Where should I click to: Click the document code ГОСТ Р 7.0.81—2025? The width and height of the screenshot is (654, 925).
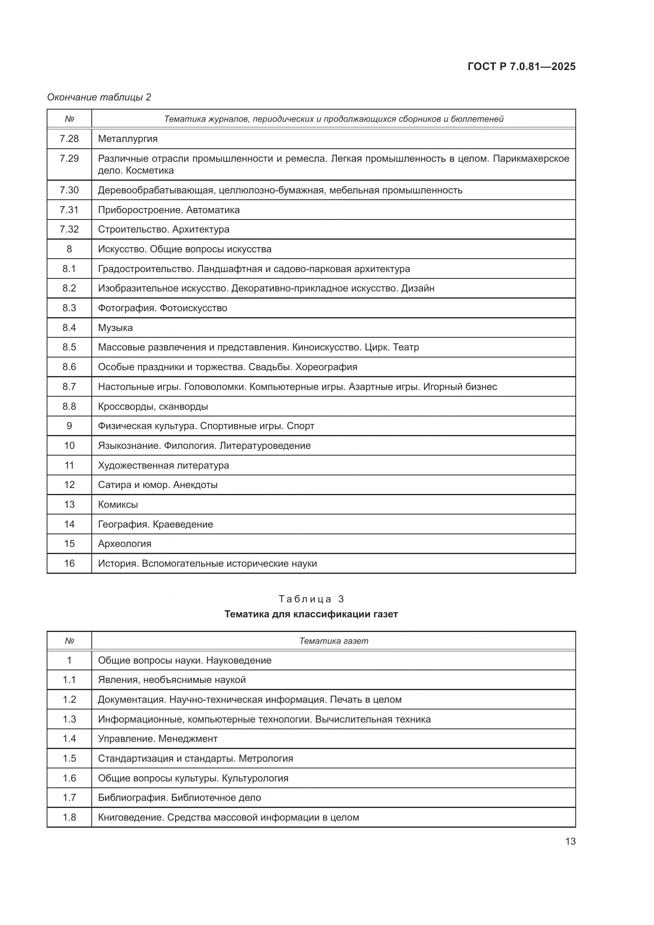(522, 66)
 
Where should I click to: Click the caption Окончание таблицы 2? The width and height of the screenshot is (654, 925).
(99, 97)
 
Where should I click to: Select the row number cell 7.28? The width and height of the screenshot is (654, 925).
(69, 138)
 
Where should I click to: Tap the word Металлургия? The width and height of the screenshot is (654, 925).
(128, 139)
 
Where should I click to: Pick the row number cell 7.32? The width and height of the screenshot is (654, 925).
(69, 229)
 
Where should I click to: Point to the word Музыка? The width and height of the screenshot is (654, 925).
(115, 328)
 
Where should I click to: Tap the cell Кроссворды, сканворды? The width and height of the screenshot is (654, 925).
(153, 407)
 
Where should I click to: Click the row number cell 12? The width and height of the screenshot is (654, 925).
(69, 485)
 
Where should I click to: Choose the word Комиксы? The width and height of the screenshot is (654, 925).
(117, 504)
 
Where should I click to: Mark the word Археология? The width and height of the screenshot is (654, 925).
(125, 544)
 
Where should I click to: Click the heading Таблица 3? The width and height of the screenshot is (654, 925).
(311, 599)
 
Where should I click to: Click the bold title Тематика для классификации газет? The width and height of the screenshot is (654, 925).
(311, 615)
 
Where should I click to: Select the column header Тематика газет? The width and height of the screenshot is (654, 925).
(333, 641)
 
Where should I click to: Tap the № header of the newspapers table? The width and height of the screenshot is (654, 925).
(69, 641)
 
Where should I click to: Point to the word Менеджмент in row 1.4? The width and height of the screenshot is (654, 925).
(188, 739)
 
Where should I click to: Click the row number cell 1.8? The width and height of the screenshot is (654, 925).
(69, 817)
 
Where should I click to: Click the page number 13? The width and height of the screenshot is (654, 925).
(570, 842)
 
